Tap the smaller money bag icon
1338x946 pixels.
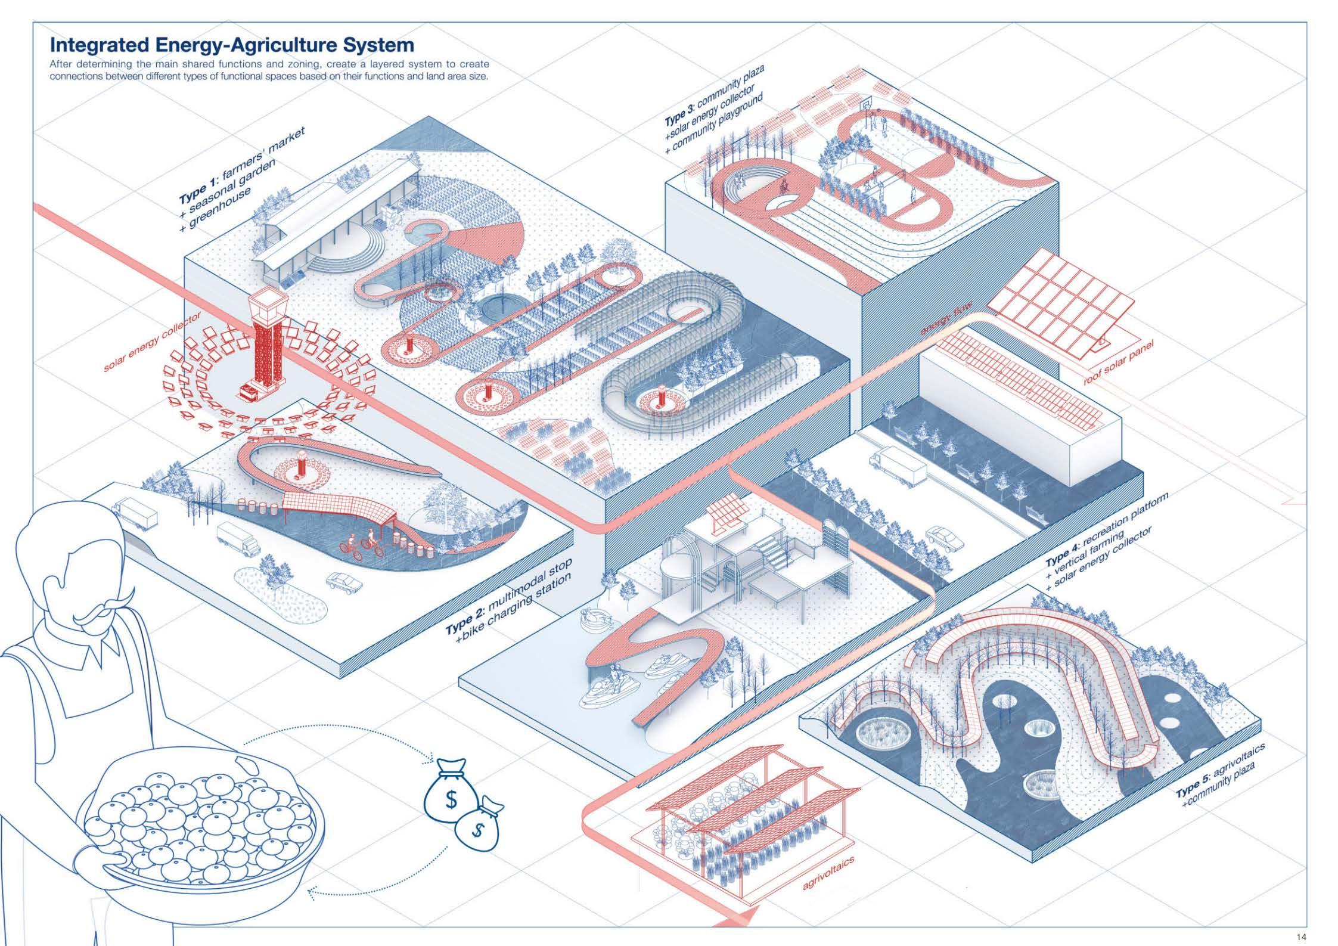pos(477,826)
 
